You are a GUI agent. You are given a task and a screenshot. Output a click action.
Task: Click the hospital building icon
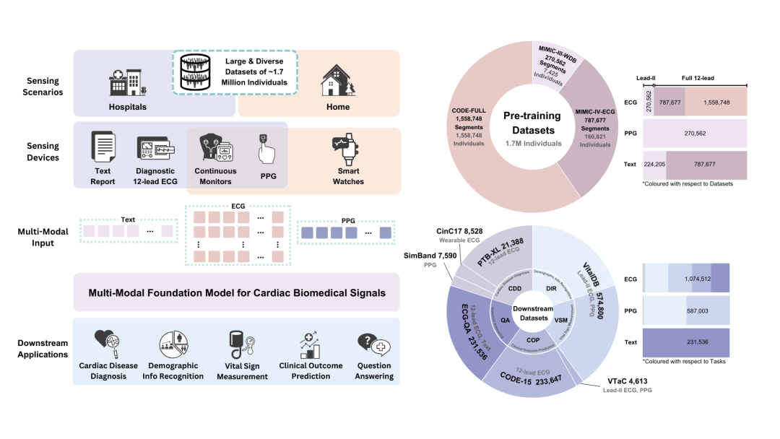coord(127,82)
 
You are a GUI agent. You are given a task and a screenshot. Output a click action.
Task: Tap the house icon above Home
coord(338,79)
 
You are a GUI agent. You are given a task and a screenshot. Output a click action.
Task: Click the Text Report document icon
coord(103,147)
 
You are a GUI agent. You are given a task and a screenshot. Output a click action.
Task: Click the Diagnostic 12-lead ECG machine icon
coord(155,148)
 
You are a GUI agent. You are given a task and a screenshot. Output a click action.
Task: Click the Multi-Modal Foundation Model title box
coord(236,293)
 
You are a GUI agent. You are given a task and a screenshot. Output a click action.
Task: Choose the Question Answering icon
coord(373,345)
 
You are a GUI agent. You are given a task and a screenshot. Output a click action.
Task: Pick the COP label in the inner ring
coord(533,339)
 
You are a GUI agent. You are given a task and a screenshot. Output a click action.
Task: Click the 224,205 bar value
coord(654,165)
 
